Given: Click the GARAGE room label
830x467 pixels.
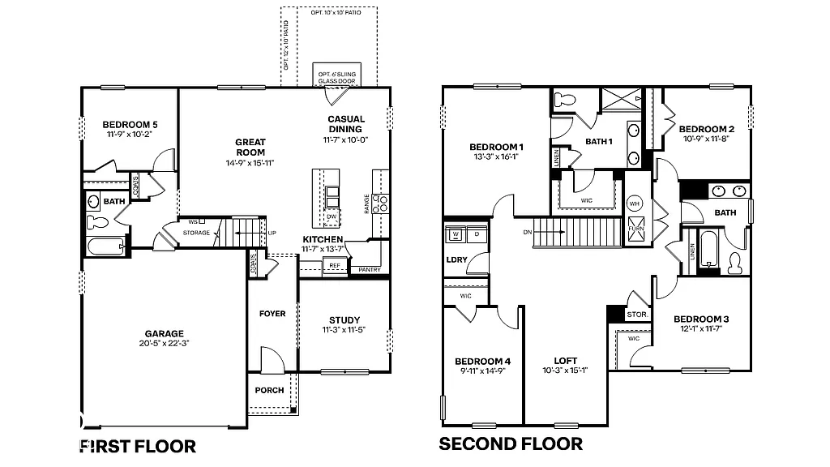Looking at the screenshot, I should pos(164,333).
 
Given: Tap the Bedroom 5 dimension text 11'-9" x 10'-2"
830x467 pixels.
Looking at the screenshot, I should pos(130,135).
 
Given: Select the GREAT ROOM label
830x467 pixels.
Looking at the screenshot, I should pos(250,147).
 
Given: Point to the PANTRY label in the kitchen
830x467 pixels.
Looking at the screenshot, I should pos(369,269).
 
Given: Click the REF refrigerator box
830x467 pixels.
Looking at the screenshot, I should pos(334,265).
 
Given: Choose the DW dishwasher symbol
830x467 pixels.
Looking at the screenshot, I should pos(332,216).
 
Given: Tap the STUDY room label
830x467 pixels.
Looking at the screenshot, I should pos(344,319).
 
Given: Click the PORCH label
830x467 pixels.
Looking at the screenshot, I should pos(269,390).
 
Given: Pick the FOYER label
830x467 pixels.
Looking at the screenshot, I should pos(272,314).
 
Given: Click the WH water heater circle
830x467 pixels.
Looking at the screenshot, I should pos(635,204).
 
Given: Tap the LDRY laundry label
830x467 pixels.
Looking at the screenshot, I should pos(456,260).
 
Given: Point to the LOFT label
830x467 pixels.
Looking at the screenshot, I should pos(565,361).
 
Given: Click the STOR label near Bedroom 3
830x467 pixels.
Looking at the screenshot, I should pos(637,315).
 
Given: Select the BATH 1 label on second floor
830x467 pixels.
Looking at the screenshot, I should pos(598,141).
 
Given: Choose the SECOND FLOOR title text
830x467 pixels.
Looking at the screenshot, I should pos(511,443).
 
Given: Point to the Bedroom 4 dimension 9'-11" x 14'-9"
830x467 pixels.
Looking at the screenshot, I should pos(482,371).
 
